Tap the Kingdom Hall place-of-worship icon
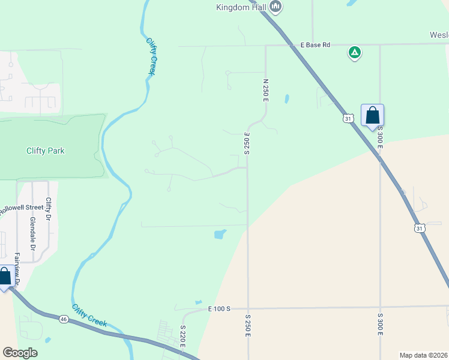click(276, 7)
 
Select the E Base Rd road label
click(316, 44)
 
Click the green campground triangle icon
click(355, 53)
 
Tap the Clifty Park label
click(46, 151)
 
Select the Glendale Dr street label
click(33, 235)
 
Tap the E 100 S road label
click(219, 308)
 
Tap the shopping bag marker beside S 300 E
click(372, 115)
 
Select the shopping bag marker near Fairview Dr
click(4, 277)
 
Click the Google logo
click(20, 353)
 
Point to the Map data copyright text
click(423, 355)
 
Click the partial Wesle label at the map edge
click(439, 34)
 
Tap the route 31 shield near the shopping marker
click(348, 119)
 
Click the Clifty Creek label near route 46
click(89, 316)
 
